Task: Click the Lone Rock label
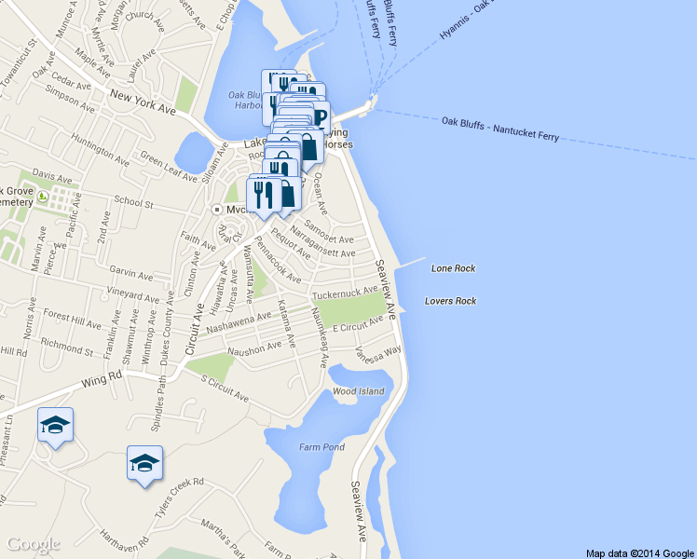(x=453, y=268)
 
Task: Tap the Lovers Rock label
(x=450, y=301)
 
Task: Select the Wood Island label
(x=358, y=391)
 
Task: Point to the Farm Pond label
(x=321, y=448)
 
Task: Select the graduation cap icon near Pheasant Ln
(x=55, y=426)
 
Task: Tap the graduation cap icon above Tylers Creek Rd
(x=144, y=462)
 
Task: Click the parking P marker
(x=320, y=117)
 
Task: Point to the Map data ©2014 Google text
(x=639, y=552)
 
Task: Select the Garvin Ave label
(x=130, y=275)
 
